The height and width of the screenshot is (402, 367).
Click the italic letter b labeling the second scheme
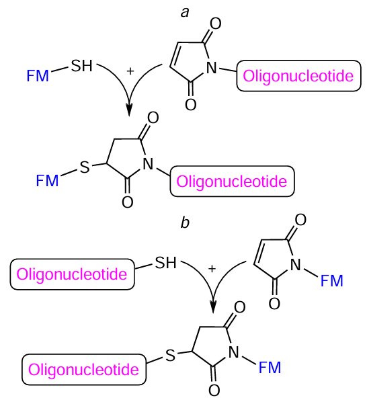pos(184,223)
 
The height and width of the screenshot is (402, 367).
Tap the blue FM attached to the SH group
pos(38,76)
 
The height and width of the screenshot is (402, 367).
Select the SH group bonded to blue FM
pos(83,66)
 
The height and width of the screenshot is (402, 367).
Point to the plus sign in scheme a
pos(130,70)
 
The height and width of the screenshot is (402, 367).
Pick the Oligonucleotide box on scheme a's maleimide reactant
pos(298,77)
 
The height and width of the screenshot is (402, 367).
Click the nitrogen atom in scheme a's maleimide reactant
pos(213,67)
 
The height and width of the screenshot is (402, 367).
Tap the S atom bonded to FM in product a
pos(84,167)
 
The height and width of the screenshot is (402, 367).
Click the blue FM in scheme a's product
pos(48,180)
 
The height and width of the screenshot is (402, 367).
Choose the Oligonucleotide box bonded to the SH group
pos(71,274)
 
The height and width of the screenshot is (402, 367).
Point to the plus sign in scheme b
pos(212,268)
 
